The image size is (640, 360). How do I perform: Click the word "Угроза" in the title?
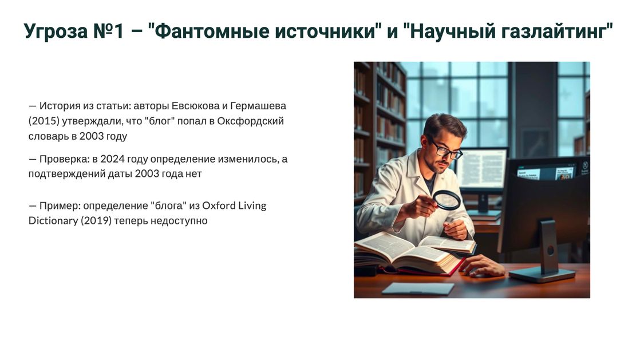click(56, 31)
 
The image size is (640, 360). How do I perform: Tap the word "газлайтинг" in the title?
click(557, 31)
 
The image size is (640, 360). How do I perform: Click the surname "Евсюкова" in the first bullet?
click(195, 106)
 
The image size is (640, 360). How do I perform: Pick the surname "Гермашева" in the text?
click(258, 106)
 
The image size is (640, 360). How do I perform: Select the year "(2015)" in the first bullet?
click(44, 121)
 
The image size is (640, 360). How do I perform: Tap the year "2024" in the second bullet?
click(112, 159)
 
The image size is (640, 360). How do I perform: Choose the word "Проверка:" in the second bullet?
click(65, 159)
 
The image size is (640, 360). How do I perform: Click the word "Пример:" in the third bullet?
click(60, 205)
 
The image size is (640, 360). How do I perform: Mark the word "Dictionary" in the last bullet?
click(53, 221)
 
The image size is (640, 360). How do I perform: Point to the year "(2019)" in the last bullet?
click(96, 221)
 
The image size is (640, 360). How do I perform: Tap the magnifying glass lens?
click(447, 200)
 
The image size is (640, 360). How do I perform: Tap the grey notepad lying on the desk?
click(417, 288)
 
